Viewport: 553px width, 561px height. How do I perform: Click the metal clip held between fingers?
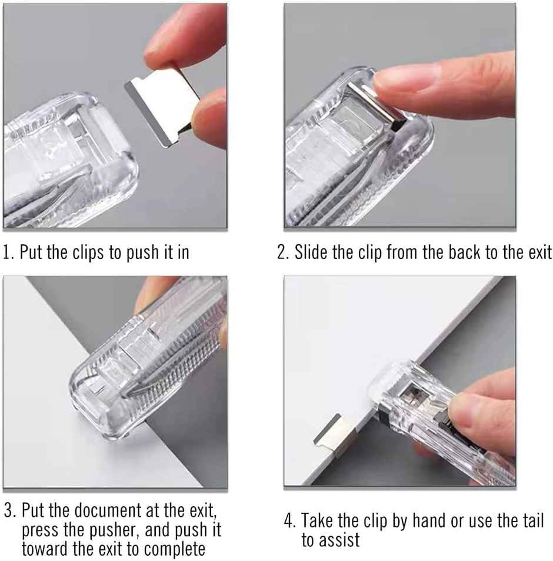[158, 105]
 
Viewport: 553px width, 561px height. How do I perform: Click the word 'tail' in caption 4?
[531, 520]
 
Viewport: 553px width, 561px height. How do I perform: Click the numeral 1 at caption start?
[6, 254]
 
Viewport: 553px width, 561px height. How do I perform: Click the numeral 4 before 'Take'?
[289, 521]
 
